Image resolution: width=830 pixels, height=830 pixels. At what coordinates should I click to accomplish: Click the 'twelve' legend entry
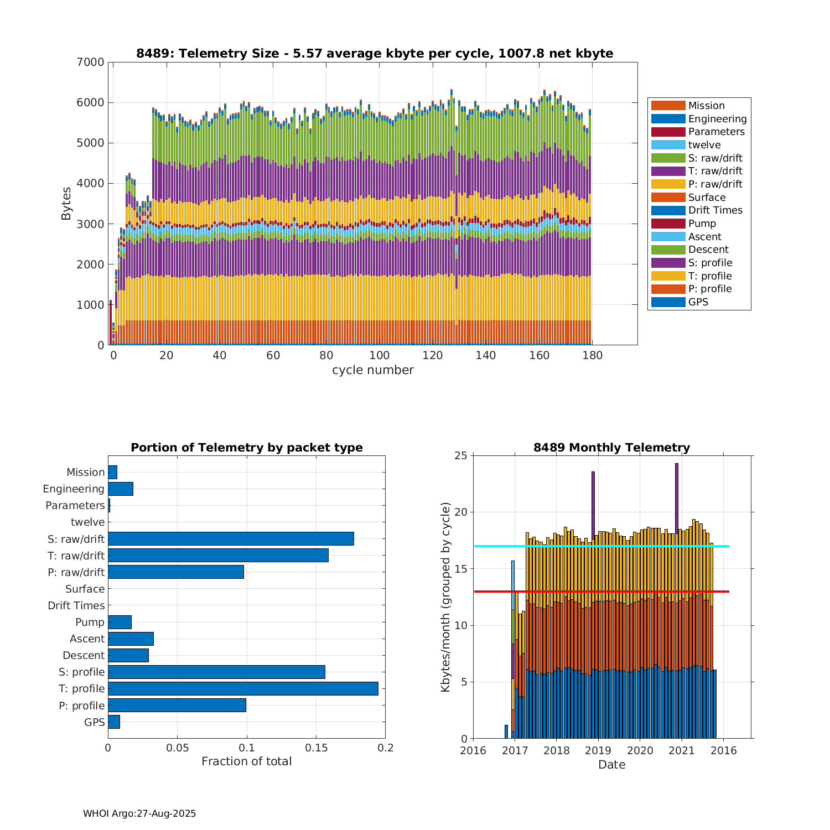coord(704,145)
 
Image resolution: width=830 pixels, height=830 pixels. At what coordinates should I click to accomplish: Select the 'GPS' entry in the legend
coord(698,302)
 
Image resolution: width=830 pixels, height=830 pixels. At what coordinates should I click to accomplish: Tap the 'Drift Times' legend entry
coord(715,210)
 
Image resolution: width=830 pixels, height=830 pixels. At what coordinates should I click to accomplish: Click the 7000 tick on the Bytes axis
coord(90,62)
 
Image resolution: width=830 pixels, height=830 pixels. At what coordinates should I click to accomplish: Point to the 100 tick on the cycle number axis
coord(379,355)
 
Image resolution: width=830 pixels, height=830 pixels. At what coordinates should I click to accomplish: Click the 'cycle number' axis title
coord(372,370)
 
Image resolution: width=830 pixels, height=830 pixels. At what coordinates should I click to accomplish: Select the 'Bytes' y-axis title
coord(66,204)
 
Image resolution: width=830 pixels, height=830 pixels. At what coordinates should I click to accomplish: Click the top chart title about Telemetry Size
coord(375,54)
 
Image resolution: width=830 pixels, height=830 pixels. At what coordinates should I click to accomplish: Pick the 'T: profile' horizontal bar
coord(243,688)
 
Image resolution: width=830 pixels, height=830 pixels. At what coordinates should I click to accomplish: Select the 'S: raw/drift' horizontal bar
coord(231,538)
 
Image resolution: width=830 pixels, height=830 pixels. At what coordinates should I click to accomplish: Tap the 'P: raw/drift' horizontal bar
coord(176,572)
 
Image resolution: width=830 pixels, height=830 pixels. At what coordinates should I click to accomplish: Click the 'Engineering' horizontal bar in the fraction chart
coord(121,489)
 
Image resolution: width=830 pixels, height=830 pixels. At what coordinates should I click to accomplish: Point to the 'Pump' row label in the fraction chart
coord(90,622)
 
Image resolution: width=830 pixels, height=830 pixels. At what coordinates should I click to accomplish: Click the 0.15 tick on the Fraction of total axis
coord(316,748)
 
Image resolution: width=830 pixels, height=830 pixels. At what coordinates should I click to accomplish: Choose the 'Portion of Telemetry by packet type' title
coord(246,448)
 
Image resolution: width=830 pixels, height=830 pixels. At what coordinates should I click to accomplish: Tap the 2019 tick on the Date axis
coord(598,750)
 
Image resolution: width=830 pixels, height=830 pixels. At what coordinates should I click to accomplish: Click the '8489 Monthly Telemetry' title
coord(611,448)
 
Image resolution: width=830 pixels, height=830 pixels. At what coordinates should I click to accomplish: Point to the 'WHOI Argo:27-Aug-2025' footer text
coord(139,813)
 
